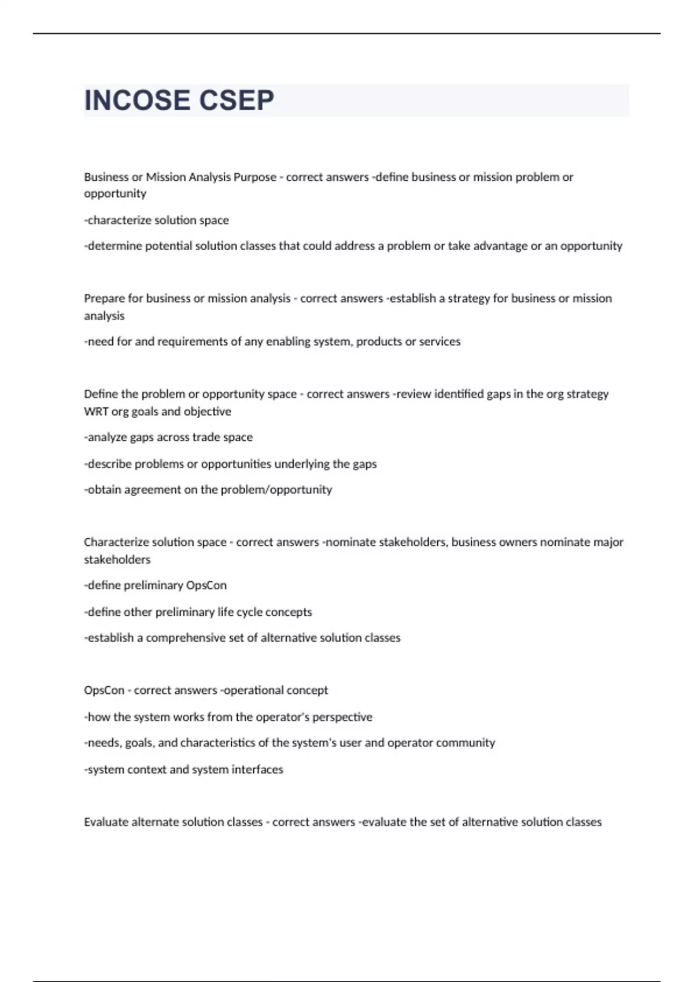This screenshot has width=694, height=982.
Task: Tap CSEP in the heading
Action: point(237,101)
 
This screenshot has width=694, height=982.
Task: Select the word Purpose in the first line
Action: point(254,177)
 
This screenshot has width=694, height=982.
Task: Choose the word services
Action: point(440,341)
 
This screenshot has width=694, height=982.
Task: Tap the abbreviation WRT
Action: point(96,411)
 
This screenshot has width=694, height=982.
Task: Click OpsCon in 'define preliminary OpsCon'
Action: point(206,585)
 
